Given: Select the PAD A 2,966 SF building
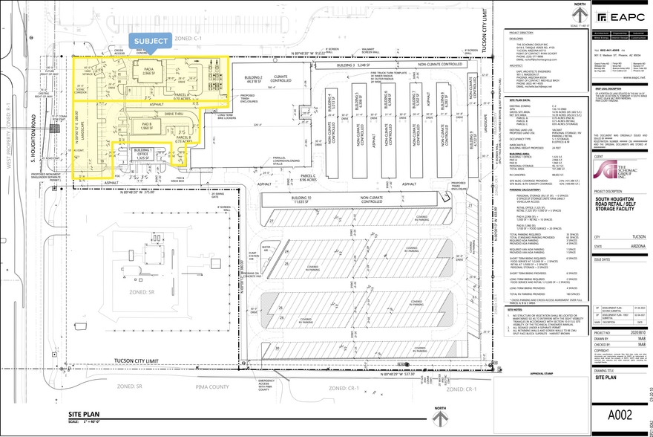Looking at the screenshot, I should click(x=148, y=72).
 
